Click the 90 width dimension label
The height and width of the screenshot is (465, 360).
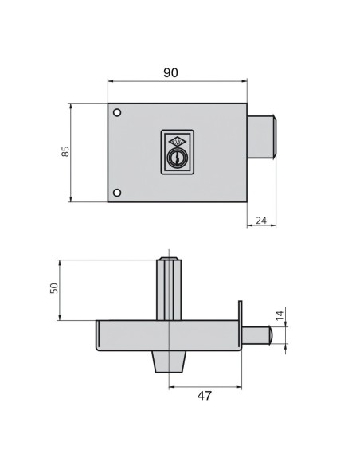170,72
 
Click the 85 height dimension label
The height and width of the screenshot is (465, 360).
65,151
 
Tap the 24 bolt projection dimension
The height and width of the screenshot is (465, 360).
261,221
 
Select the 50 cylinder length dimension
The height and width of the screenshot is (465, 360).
54,288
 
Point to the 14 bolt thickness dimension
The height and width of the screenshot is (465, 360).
280,315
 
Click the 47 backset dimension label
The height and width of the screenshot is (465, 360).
205,396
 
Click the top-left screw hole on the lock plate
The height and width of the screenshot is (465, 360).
117,113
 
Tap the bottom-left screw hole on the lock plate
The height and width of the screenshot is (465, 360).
117,193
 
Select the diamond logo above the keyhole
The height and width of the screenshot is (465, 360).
178,141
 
